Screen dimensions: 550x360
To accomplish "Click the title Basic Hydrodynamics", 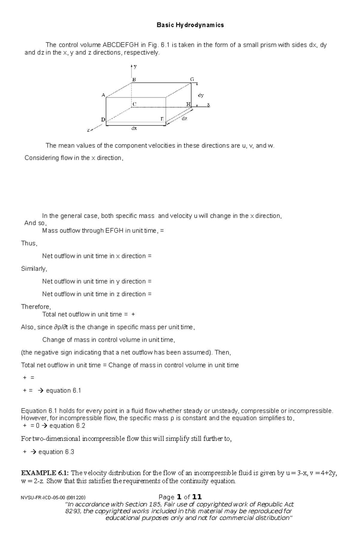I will pos(190,25).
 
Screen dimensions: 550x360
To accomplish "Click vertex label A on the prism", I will pos(103,95).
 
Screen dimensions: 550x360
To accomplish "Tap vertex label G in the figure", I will pos(192,79).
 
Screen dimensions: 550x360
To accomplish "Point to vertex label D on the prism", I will pos(103,120).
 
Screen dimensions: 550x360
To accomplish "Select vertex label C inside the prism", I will pos(134,104).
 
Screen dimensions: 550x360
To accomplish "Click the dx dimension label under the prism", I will pos(134,128).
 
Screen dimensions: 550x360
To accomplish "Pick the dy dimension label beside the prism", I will pos(201,95).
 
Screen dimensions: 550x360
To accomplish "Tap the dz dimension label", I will pos(184,119).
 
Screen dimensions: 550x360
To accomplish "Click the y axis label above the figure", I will pos(136,66).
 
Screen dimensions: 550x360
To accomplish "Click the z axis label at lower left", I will pos(88,130).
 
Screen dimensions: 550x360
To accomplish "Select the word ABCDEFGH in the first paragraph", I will pos(121,45).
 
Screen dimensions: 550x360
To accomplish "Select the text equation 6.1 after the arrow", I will pos(63,391).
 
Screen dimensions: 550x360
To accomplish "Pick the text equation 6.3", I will pos(56,452).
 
